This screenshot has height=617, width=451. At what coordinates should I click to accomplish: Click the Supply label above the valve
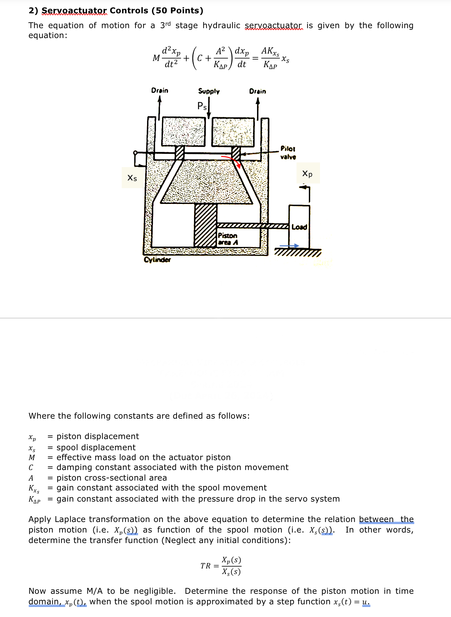tap(209, 91)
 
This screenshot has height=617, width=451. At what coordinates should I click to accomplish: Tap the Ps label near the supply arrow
tap(202, 106)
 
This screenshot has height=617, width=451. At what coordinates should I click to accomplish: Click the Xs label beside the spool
tap(132, 178)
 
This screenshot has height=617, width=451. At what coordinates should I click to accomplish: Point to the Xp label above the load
tap(307, 174)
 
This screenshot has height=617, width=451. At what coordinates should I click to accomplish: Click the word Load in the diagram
tap(299, 227)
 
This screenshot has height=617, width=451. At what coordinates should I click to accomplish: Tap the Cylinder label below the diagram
tap(157, 260)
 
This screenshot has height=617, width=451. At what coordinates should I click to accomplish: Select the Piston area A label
tap(228, 239)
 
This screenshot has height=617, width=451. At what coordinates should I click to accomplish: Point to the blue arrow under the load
tap(289, 246)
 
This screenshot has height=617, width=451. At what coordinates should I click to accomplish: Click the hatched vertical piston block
tap(205, 225)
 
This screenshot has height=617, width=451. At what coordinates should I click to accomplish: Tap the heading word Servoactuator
tap(74, 11)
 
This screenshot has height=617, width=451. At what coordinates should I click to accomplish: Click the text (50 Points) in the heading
tap(177, 11)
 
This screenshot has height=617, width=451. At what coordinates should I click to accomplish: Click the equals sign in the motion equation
tap(255, 58)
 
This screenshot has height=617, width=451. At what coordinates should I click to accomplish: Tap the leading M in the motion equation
tap(156, 58)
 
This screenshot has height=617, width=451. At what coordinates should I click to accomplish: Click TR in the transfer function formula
tap(205, 566)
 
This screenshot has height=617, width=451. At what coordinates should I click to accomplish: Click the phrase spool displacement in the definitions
tap(96, 447)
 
